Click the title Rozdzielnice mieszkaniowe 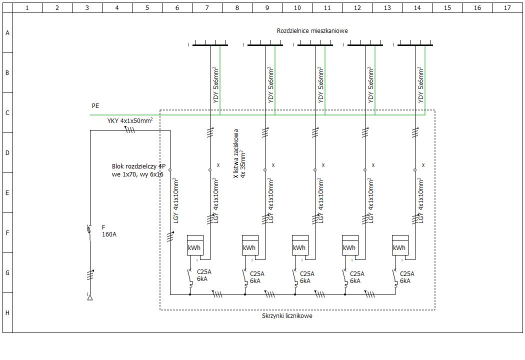tap(312, 31)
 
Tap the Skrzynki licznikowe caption tap(287, 316)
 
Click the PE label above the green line tap(95, 106)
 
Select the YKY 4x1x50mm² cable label tap(129, 121)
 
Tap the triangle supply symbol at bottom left tap(90, 297)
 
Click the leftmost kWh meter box tap(195, 245)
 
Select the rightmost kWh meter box tap(400, 245)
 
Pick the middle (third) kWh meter tap(300, 245)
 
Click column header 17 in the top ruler tap(507, 7)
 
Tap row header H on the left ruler tap(7, 312)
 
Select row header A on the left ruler tap(7, 33)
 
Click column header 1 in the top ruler tap(27, 7)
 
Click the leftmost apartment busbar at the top tap(210, 45)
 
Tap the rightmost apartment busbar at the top tap(415, 45)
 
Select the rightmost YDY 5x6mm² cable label tap(421, 85)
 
